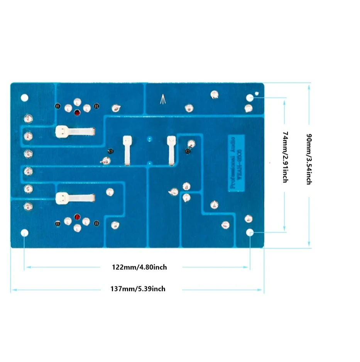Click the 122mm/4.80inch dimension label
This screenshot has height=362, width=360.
[139, 267]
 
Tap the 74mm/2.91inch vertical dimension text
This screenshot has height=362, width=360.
[285, 157]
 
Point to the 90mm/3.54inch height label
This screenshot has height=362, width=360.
[309, 159]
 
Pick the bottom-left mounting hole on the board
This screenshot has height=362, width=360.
[25, 233]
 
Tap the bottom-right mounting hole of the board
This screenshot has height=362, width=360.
[250, 233]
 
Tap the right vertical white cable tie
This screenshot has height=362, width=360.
[171, 150]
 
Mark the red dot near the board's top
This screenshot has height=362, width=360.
[77, 112]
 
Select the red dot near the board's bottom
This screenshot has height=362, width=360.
[77, 217]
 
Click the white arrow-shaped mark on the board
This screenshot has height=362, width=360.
[163, 100]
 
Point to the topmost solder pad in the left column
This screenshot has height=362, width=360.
[28, 118]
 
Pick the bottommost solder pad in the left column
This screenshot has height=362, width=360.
[28, 206]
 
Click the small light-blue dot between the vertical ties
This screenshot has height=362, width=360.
[150, 139]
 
